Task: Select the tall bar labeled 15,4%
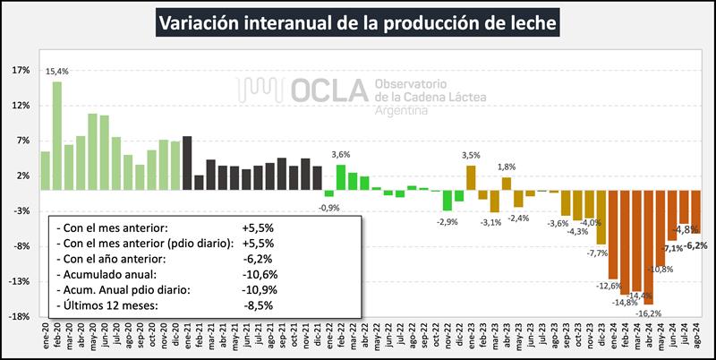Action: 56,135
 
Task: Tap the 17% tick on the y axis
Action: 21,70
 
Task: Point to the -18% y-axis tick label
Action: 20,316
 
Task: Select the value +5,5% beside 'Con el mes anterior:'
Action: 258,227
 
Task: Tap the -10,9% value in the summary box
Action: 258,290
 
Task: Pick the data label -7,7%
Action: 597,253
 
